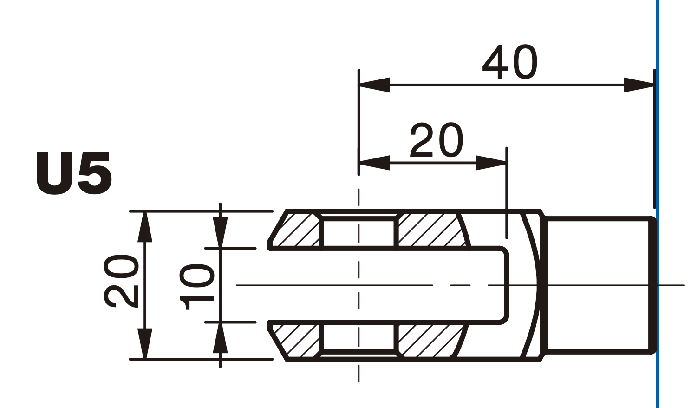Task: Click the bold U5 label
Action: click(74, 173)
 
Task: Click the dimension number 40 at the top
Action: click(510, 62)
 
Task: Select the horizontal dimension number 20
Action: click(436, 140)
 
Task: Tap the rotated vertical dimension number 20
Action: click(121, 281)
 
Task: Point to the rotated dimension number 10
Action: click(196, 287)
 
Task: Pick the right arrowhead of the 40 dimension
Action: click(639, 85)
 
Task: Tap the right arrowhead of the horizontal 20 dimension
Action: click(491, 163)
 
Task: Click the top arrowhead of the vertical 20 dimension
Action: click(145, 227)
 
